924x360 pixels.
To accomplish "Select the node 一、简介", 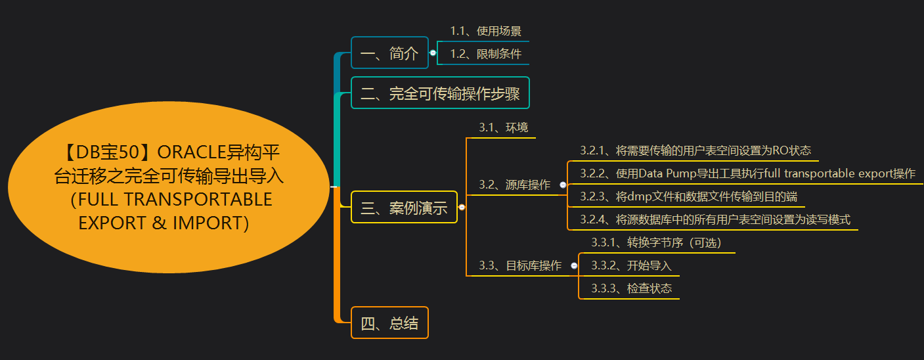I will (389, 53).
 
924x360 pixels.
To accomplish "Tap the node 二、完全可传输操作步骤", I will (440, 93).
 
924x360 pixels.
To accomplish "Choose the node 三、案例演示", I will (404, 208).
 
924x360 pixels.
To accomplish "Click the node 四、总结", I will (389, 323).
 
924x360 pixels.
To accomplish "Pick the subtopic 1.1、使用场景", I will (485, 31).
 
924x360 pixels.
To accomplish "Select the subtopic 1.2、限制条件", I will (485, 54).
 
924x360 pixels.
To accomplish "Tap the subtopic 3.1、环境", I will (503, 127).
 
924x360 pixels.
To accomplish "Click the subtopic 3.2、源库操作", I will (514, 185).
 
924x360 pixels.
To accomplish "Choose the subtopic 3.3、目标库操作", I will (520, 266).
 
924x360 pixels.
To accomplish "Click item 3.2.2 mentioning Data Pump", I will (747, 173).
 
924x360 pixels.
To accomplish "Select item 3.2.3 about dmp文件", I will (688, 196).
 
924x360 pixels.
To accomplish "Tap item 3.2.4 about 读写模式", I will (715, 219).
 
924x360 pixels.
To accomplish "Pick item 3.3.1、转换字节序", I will (656, 243).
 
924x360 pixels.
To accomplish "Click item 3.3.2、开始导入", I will (631, 266).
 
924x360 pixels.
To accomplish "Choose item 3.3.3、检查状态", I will (631, 288).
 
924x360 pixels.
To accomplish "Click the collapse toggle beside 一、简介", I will (432, 53).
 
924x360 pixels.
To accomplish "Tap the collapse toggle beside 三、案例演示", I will (462, 208).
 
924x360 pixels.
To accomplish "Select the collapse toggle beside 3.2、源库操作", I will (563, 185).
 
